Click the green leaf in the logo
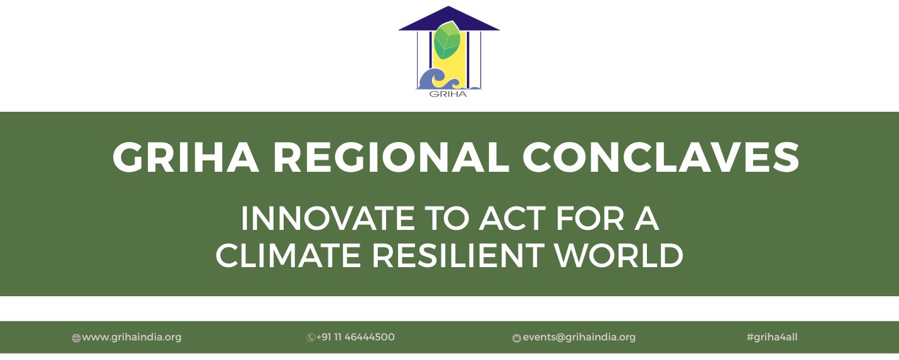click(x=448, y=40)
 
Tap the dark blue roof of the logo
click(x=449, y=21)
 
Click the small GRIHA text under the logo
click(x=448, y=94)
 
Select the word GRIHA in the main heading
click(x=185, y=157)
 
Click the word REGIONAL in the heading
click(x=391, y=157)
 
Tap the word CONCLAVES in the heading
click(x=661, y=157)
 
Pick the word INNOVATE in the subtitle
click(x=327, y=219)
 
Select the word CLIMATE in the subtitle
click(x=288, y=256)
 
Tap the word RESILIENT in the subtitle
click(x=458, y=256)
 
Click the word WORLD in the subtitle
click(x=619, y=256)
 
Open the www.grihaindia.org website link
click(x=131, y=337)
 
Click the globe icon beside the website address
click(x=76, y=339)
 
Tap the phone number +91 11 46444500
click(x=355, y=337)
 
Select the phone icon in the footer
click(x=310, y=337)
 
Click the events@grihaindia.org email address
click(x=579, y=337)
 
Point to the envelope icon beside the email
click(x=517, y=339)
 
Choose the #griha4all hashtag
click(x=772, y=337)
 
